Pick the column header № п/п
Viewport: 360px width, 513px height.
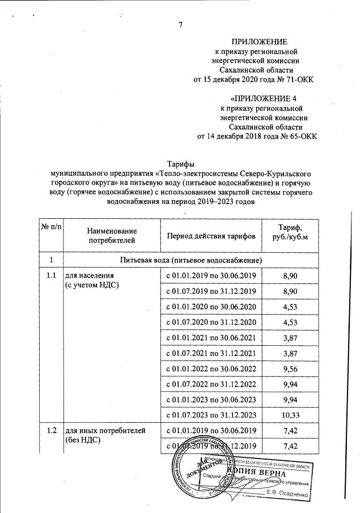click(52, 228)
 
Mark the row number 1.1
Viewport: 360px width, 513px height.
click(52, 275)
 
